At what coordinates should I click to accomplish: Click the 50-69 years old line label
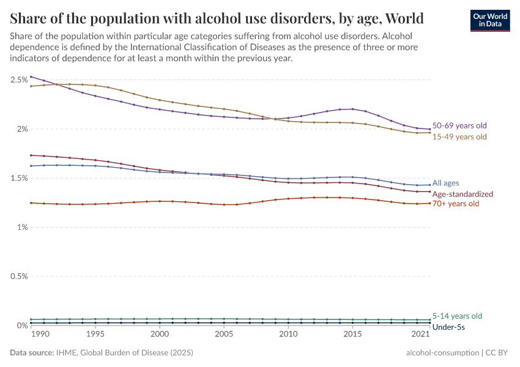click(x=459, y=125)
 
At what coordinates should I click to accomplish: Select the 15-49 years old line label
click(x=459, y=136)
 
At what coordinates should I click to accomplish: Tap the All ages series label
click(x=445, y=183)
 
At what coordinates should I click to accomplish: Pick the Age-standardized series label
click(x=462, y=194)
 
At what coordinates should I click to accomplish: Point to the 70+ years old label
click(x=456, y=203)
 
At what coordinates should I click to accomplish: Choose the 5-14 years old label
click(x=456, y=316)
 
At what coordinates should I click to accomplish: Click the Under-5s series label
click(x=448, y=327)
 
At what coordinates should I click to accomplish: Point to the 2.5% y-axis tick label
click(x=19, y=80)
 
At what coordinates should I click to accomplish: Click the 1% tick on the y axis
click(x=22, y=227)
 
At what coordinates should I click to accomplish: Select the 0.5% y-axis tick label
click(x=19, y=276)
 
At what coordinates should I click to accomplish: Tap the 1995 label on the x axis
click(x=95, y=335)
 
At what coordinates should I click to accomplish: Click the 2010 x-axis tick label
click(x=288, y=335)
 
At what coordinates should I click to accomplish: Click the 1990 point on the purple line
click(x=31, y=76)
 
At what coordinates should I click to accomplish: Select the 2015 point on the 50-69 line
click(x=352, y=109)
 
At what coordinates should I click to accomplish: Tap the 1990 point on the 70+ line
click(x=31, y=202)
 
